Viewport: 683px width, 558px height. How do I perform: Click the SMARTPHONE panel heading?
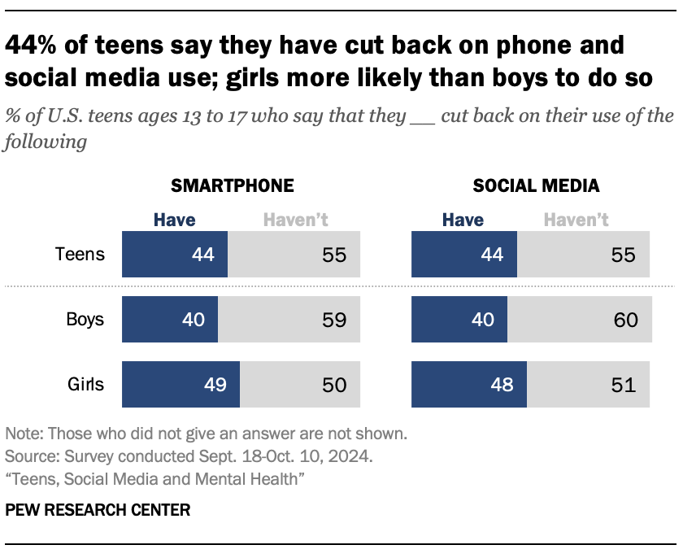click(232, 185)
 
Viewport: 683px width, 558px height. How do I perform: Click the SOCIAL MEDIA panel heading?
click(537, 185)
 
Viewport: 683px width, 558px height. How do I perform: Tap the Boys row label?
click(85, 319)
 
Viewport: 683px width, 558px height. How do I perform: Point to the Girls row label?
click(85, 384)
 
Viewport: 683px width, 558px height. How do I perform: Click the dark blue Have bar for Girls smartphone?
click(181, 384)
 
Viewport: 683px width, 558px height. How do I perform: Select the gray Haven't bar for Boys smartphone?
click(288, 319)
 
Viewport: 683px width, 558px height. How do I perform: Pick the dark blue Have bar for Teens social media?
click(464, 254)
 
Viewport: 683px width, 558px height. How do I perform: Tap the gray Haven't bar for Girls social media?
click(588, 384)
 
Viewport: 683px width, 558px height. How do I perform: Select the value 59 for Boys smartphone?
click(335, 320)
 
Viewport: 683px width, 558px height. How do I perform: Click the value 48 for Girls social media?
click(503, 385)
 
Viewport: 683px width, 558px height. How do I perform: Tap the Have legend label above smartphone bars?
click(174, 220)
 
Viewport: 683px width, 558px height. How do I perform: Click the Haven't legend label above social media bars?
click(576, 220)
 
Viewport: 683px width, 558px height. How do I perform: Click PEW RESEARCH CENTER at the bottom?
click(98, 511)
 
